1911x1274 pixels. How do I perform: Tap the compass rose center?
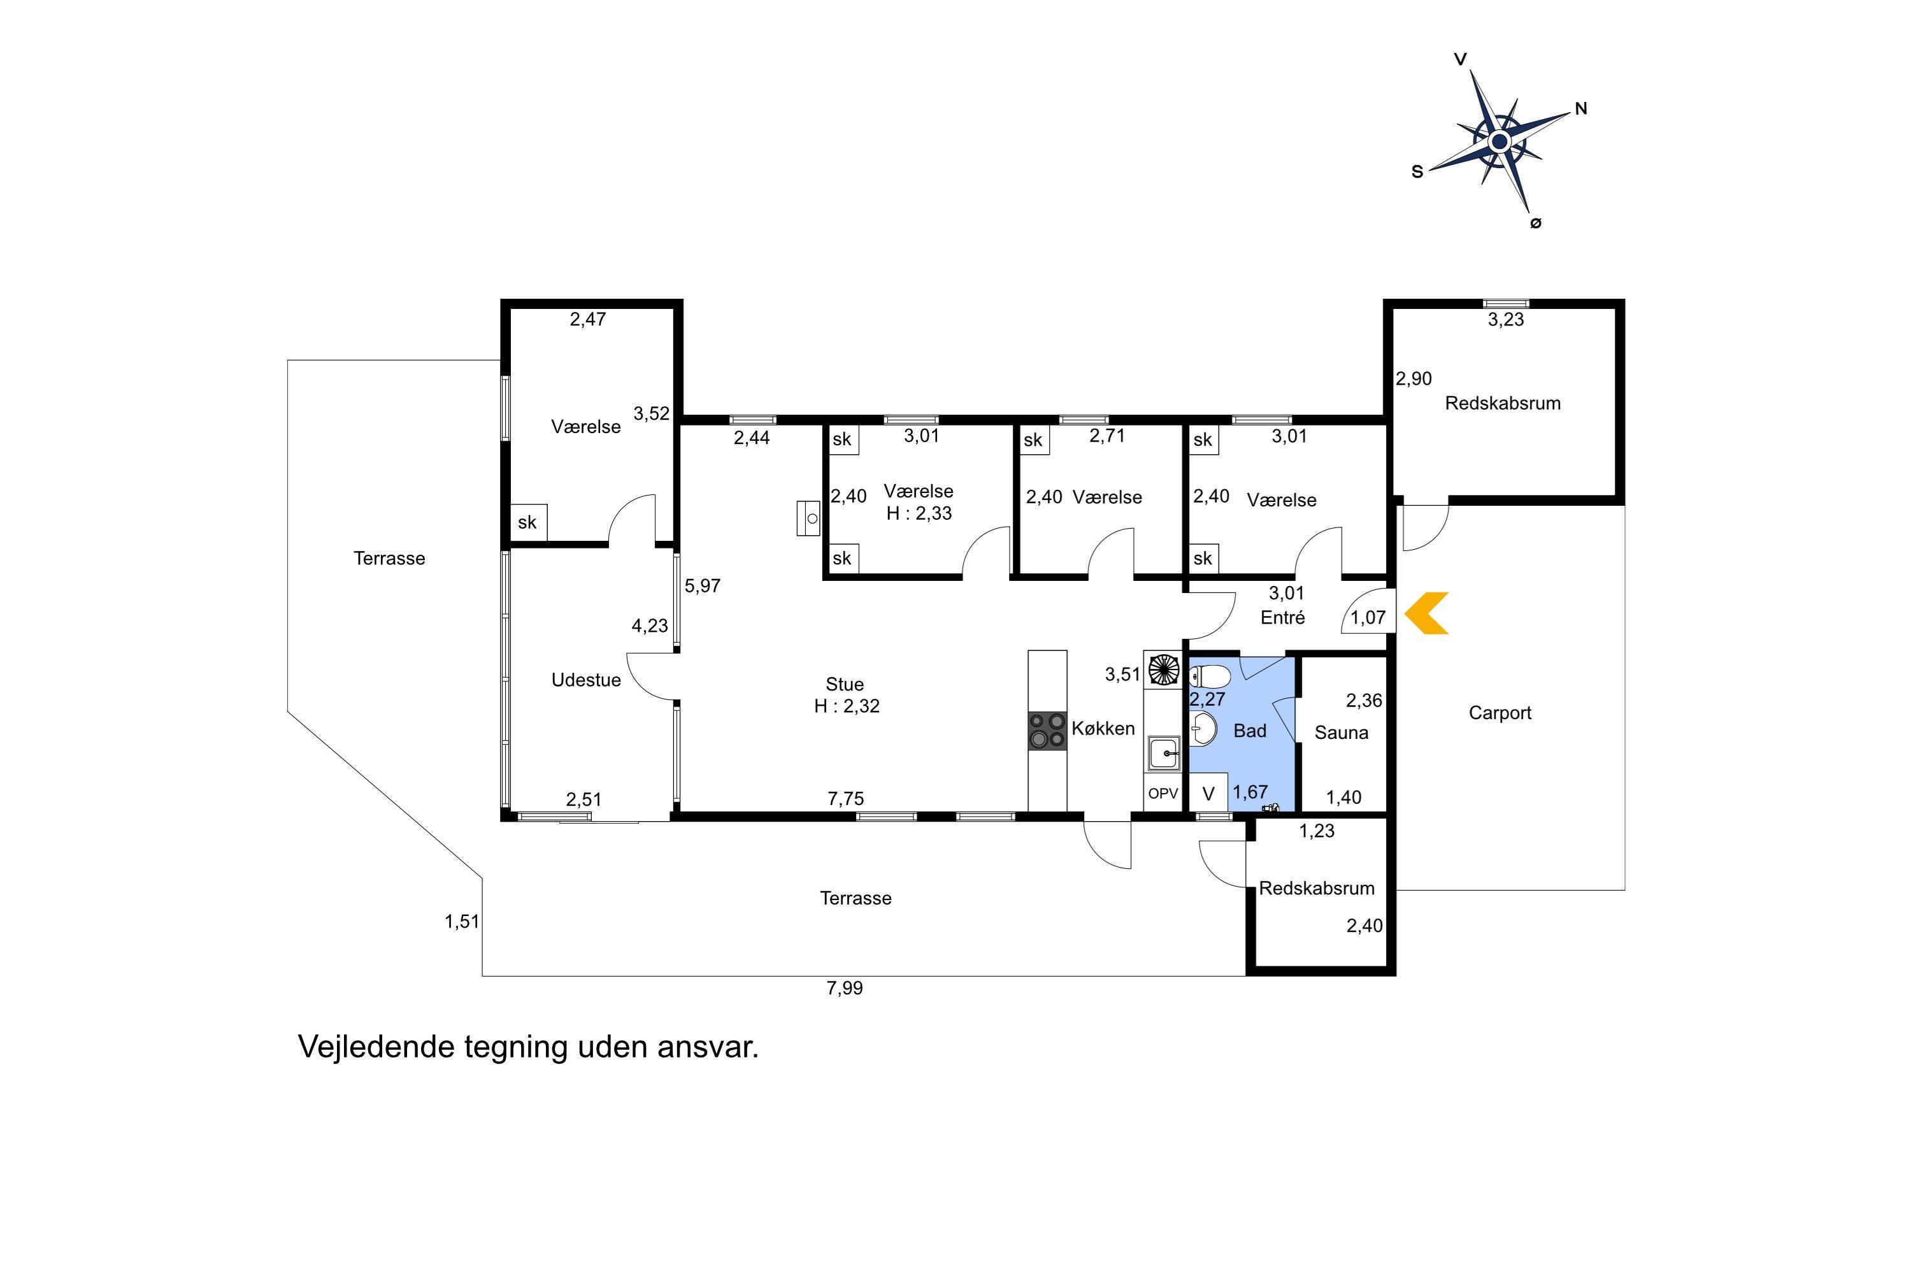(1500, 142)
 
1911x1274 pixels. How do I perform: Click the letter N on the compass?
(1580, 109)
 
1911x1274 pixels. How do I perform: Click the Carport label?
(1500, 713)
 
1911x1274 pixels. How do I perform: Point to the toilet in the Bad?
(1210, 676)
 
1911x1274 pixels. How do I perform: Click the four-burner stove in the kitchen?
(1047, 731)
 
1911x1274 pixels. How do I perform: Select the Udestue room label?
(586, 680)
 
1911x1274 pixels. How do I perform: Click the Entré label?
(1283, 617)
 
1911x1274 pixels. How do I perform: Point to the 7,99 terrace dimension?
(845, 988)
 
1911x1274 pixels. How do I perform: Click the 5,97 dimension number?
(702, 586)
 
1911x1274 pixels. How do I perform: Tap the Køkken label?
(1103, 728)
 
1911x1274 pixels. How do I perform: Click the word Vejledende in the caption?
(376, 1047)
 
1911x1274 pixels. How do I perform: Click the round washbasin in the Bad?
(1204, 729)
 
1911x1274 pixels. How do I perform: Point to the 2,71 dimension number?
(1108, 436)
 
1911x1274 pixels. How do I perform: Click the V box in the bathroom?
(1208, 794)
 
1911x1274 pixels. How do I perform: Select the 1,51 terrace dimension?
(462, 921)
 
